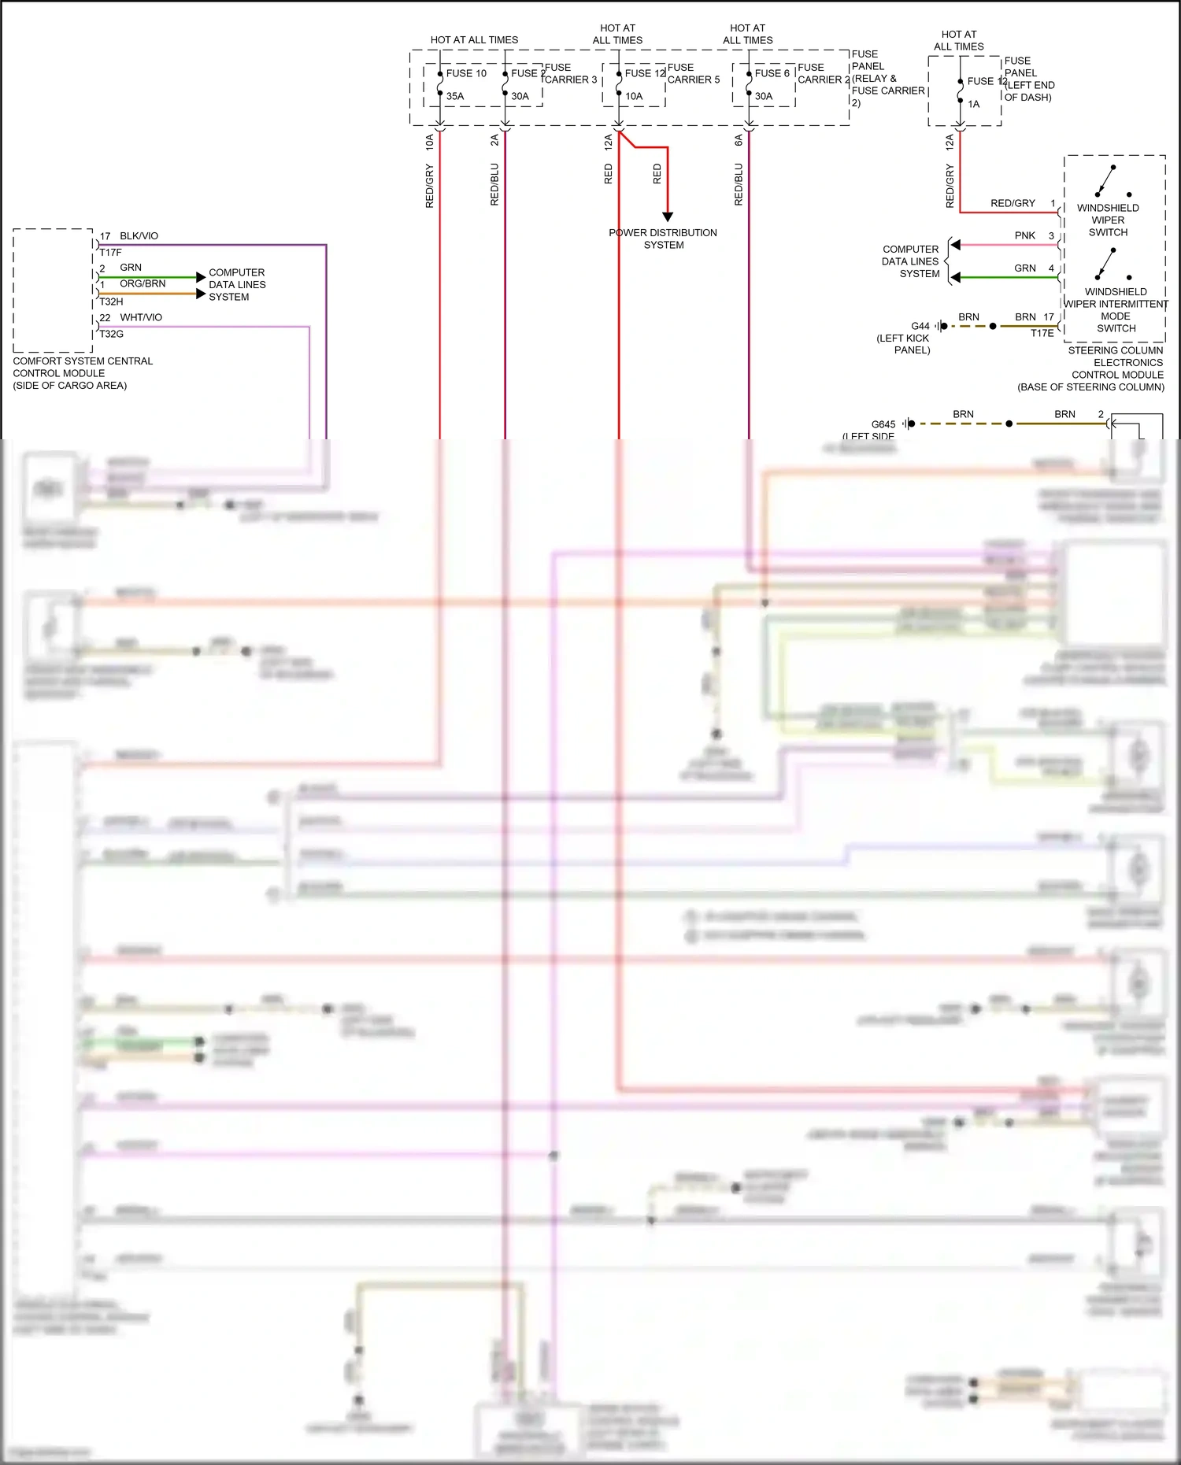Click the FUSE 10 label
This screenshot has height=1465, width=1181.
[466, 73]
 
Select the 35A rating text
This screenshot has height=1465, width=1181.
[455, 96]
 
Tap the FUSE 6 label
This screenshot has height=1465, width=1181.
[772, 73]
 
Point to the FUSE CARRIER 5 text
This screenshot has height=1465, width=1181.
[693, 73]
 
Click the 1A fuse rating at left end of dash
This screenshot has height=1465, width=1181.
[974, 104]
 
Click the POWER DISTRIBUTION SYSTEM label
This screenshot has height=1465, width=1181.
[663, 239]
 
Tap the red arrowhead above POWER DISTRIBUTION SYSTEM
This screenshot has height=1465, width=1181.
[668, 216]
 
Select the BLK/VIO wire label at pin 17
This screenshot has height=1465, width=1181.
[139, 236]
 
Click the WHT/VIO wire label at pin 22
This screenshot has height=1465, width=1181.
[141, 317]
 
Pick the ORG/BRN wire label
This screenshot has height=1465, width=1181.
[143, 283]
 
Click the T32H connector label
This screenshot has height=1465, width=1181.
[111, 302]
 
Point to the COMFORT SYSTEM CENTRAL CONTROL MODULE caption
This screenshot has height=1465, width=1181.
[82, 373]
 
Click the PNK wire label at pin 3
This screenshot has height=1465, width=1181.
[1024, 235]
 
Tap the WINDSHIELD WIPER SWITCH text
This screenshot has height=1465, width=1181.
[1108, 220]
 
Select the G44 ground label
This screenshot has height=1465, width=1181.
[920, 326]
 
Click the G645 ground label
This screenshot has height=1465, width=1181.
[883, 424]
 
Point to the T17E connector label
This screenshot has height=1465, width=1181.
[1042, 333]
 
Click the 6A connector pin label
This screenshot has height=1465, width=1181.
[739, 140]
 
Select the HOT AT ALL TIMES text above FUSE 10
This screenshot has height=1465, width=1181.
[474, 39]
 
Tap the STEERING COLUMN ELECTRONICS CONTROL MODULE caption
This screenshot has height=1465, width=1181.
[1116, 368]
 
